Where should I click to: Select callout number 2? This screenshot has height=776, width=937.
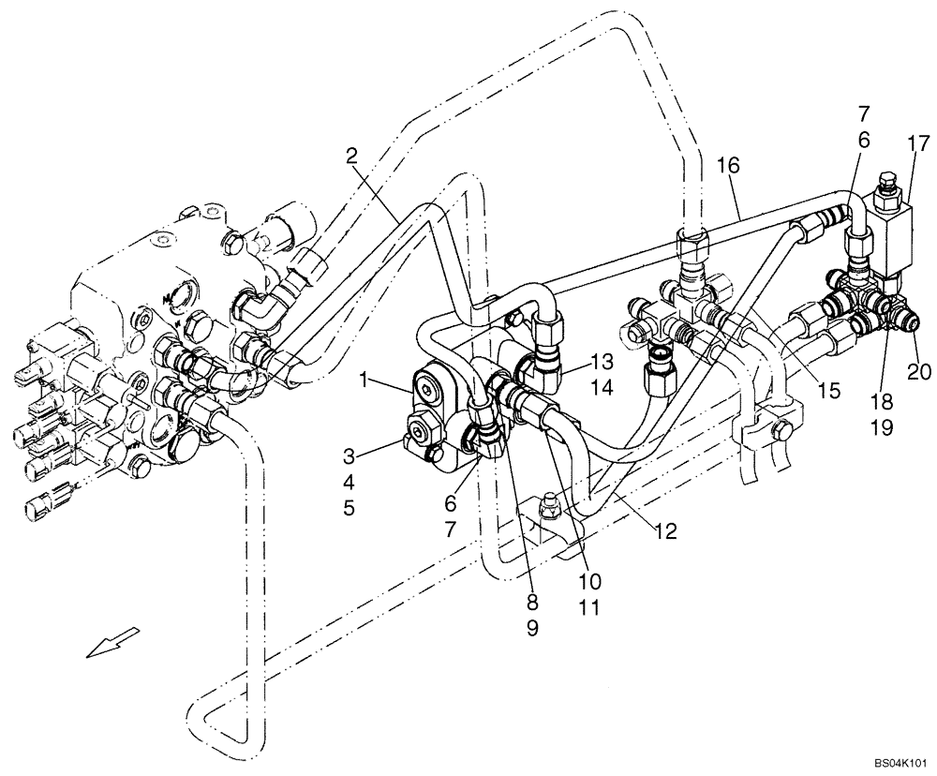tap(352, 157)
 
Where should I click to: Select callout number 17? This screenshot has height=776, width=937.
tap(917, 143)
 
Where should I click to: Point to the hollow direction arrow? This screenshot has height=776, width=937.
tap(112, 643)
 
